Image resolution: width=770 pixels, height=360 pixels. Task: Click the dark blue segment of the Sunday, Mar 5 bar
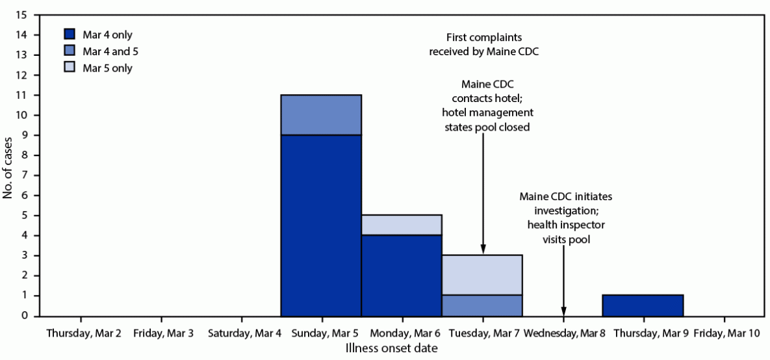pyautogui.click(x=321, y=225)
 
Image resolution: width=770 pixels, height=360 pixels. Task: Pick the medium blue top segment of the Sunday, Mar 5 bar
pyautogui.click(x=321, y=115)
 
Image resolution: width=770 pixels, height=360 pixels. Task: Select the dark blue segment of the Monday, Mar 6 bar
pyautogui.click(x=402, y=276)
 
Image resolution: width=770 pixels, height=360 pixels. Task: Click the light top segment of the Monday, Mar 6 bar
pyautogui.click(x=402, y=225)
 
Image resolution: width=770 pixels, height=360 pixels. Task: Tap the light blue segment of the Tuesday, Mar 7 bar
pyautogui.click(x=483, y=275)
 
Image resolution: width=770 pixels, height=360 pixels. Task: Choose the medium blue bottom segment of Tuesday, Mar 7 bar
pyautogui.click(x=483, y=305)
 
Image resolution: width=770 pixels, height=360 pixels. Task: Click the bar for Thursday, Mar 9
pyautogui.click(x=643, y=305)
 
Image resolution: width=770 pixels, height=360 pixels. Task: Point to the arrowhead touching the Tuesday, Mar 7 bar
pyautogui.click(x=483, y=250)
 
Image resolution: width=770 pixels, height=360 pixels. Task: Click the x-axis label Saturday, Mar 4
pyautogui.click(x=241, y=334)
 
